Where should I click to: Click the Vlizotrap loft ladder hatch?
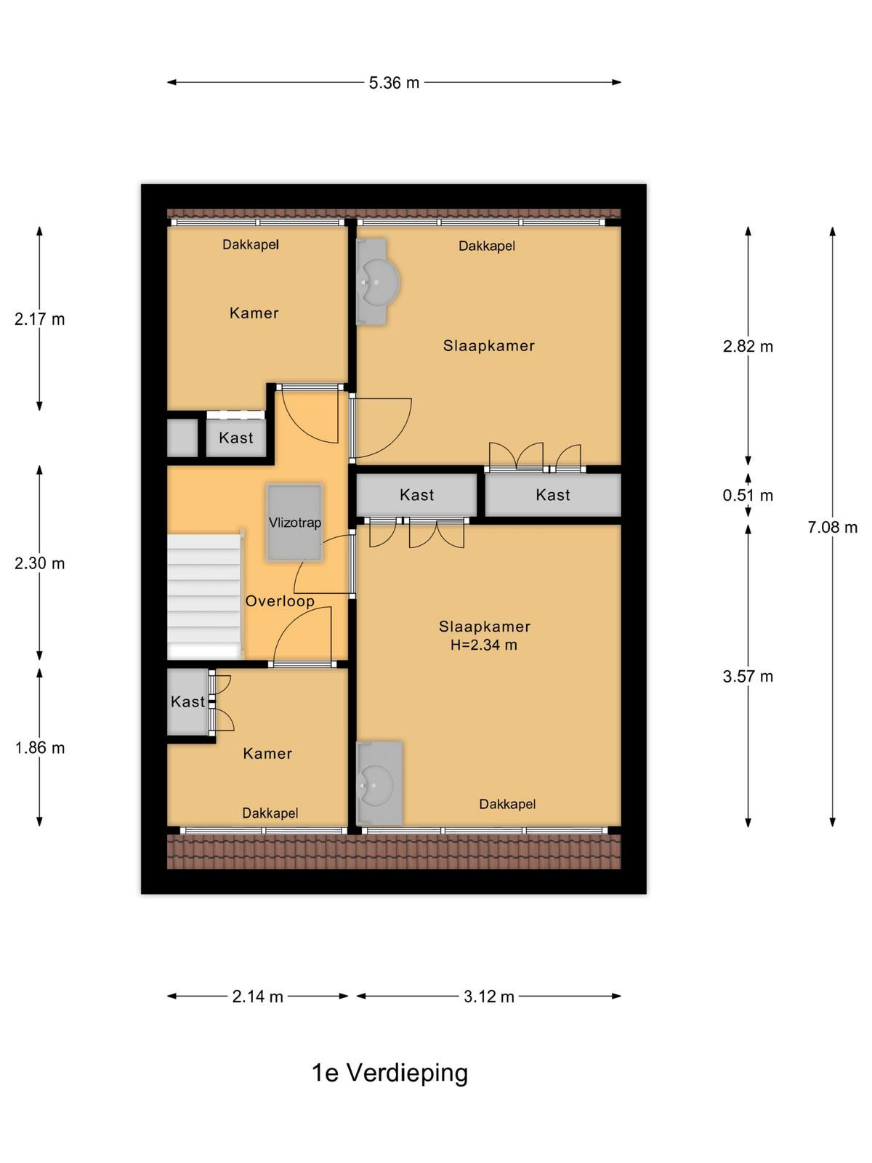(295, 523)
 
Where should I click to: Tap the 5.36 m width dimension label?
(394, 83)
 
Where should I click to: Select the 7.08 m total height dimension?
(832, 527)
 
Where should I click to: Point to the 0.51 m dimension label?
(748, 496)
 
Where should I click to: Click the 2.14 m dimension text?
(257, 997)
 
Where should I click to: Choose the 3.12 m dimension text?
(488, 997)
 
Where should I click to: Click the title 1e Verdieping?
(389, 1073)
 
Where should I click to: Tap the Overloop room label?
(280, 601)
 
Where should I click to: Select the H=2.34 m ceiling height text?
(483, 645)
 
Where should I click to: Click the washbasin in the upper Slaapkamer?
(377, 281)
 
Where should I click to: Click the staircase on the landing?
(205, 596)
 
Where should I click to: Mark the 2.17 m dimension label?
(40, 319)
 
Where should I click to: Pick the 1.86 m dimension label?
(40, 748)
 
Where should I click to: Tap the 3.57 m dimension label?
(748, 676)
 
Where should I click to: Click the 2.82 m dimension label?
(748, 346)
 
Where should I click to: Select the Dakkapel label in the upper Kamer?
(251, 245)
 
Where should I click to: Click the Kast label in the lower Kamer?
(187, 701)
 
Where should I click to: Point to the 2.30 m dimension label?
(40, 563)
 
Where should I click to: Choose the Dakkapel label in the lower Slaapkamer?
(507, 805)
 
